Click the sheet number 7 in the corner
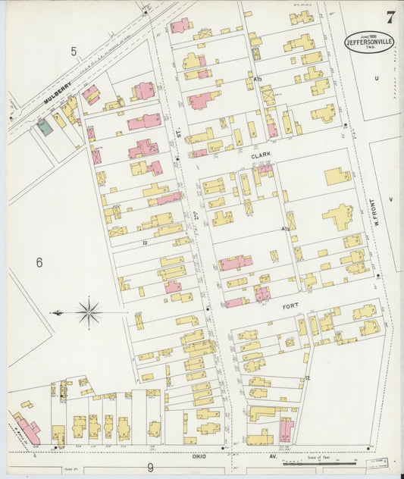coord(389,17)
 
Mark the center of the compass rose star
coord(89,312)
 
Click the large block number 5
coord(74,52)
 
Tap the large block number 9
coord(150,468)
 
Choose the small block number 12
coord(307,377)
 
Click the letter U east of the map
coord(376,78)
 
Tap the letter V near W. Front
coord(391,199)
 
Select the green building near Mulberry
coord(45,127)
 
